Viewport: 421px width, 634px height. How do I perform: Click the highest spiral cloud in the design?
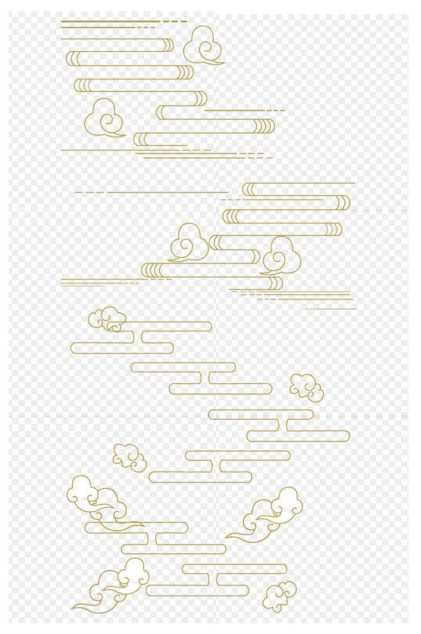tap(203, 45)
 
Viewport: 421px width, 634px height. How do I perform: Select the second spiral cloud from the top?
tap(104, 118)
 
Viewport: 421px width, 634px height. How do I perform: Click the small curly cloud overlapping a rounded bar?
tap(107, 319)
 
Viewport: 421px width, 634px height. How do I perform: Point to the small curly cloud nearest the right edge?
tap(306, 386)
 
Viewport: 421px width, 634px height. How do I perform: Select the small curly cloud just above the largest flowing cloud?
tap(130, 456)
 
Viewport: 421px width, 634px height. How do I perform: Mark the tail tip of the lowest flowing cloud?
tap(74, 606)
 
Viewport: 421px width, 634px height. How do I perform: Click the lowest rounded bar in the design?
tap(197, 590)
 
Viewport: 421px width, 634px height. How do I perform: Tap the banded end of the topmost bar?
tap(168, 45)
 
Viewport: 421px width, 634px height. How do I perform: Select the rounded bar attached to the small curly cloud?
tap(166, 326)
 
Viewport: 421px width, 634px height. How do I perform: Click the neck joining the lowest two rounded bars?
tap(212, 580)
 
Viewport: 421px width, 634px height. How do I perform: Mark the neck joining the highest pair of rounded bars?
tap(138, 337)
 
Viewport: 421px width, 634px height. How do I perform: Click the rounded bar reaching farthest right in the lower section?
tap(298, 436)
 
